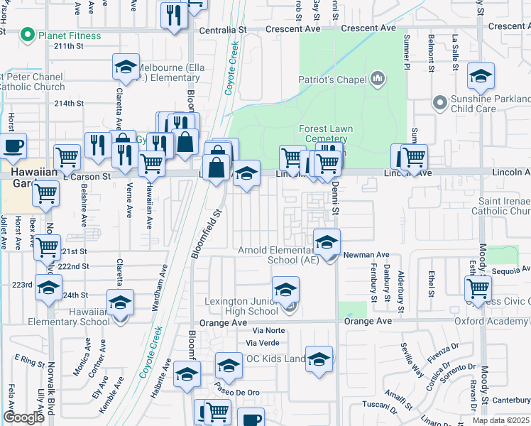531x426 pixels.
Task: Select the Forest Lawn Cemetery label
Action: tap(322, 133)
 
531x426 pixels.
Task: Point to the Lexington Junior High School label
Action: tap(241, 306)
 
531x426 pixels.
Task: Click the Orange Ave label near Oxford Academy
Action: tap(368, 321)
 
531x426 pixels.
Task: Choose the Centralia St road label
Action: tap(222, 31)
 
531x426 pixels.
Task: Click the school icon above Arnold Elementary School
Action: tap(327, 242)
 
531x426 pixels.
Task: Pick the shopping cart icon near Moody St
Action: tap(478, 288)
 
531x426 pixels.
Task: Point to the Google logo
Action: tap(23, 417)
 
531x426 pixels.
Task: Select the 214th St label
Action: tap(69, 104)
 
